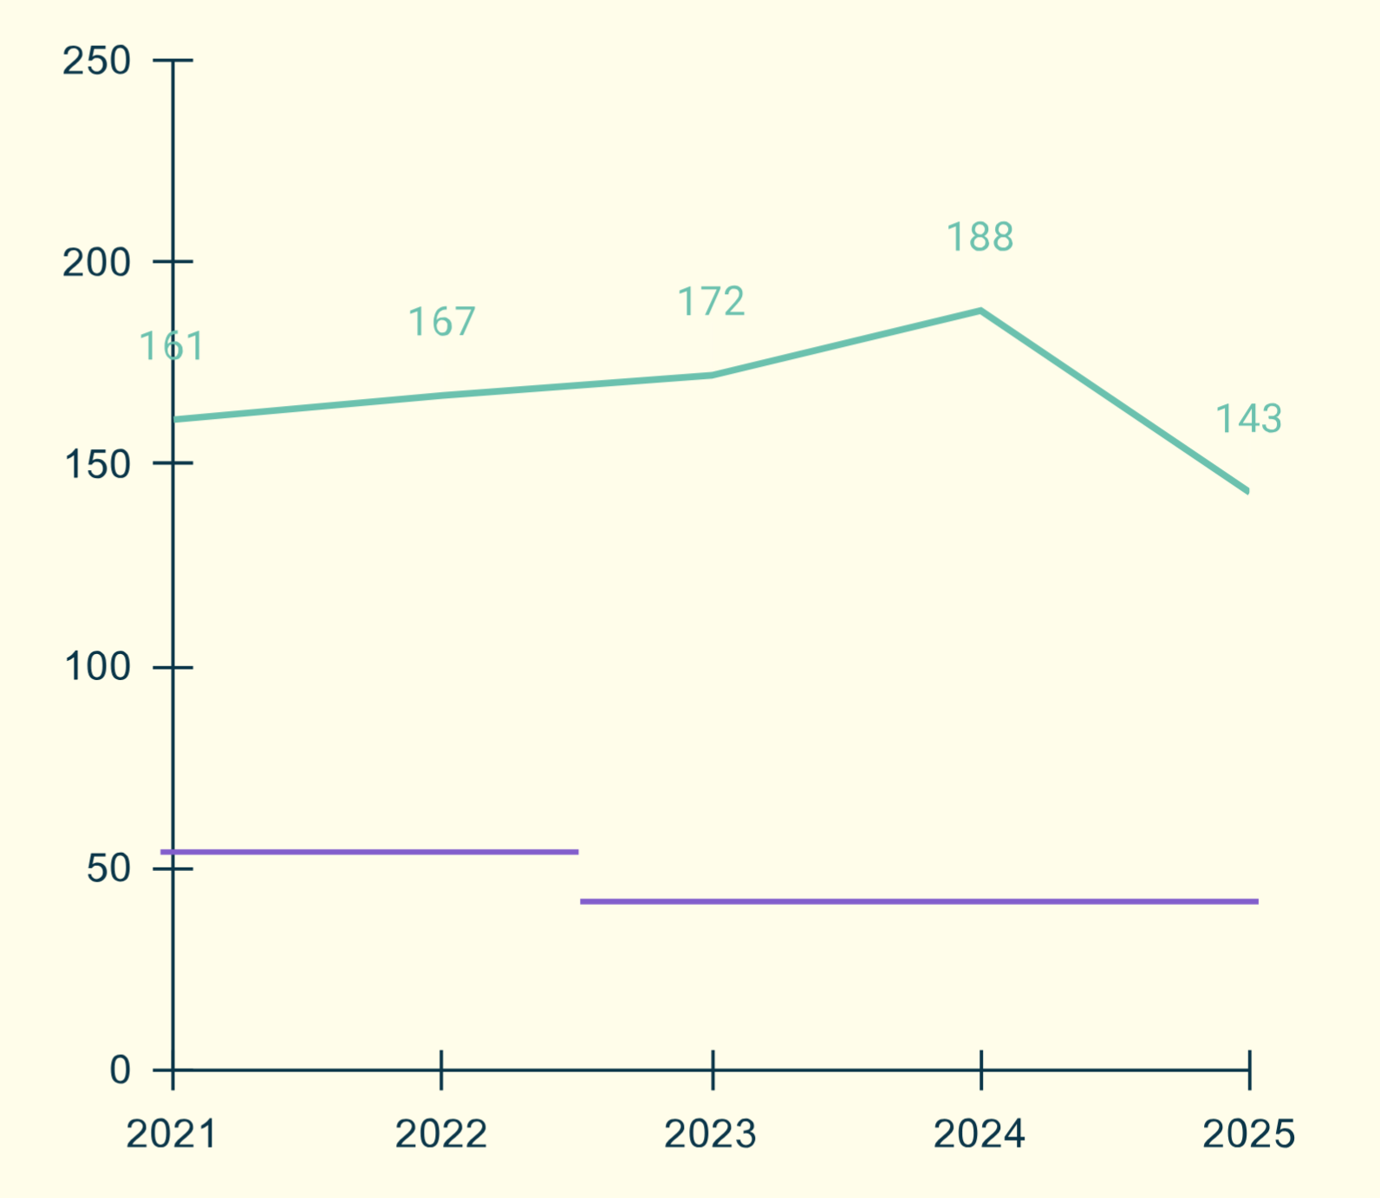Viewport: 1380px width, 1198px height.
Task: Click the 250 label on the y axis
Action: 96,62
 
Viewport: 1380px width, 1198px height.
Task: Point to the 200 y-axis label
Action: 96,263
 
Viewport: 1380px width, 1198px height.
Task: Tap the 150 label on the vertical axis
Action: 97,465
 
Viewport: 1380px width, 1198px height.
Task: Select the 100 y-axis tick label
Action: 97,667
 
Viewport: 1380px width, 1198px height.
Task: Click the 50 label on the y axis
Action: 108,868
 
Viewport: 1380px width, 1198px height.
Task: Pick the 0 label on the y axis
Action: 120,1070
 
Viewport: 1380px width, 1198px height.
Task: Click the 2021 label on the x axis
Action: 172,1134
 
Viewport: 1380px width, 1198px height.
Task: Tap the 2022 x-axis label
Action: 441,1134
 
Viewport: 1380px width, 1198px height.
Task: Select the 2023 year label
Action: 710,1134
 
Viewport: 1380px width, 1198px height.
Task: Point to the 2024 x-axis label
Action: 980,1134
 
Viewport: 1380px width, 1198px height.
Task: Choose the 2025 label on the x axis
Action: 1248,1134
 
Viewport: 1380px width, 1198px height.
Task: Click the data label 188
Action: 980,238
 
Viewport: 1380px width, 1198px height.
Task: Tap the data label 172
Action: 711,302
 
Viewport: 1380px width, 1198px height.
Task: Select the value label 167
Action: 442,323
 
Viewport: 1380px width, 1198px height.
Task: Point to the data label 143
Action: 1248,419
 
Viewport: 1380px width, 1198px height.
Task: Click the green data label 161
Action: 172,347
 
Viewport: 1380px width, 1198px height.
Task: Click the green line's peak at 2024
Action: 980,311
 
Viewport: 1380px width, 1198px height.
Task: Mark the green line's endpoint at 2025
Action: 1247,490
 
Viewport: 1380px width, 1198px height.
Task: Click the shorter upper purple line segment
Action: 369,852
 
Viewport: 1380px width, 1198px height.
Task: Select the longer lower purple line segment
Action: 919,901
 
